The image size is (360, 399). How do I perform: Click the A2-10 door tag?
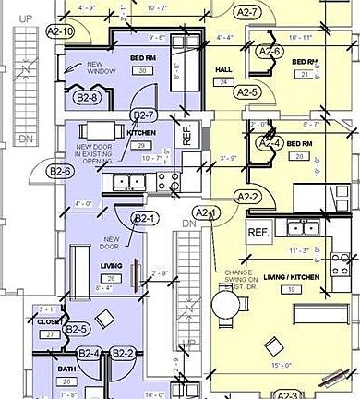click(60, 30)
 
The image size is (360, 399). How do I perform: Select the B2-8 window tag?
click(86, 95)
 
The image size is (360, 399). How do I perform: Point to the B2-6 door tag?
click(60, 171)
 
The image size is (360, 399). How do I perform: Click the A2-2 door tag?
click(246, 197)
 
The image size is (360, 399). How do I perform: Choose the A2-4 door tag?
click(269, 143)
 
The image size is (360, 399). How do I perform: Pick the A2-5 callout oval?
click(246, 92)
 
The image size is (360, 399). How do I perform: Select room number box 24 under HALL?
click(224, 81)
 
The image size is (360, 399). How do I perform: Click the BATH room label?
click(66, 369)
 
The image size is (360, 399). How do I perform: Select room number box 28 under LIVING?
click(111, 278)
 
